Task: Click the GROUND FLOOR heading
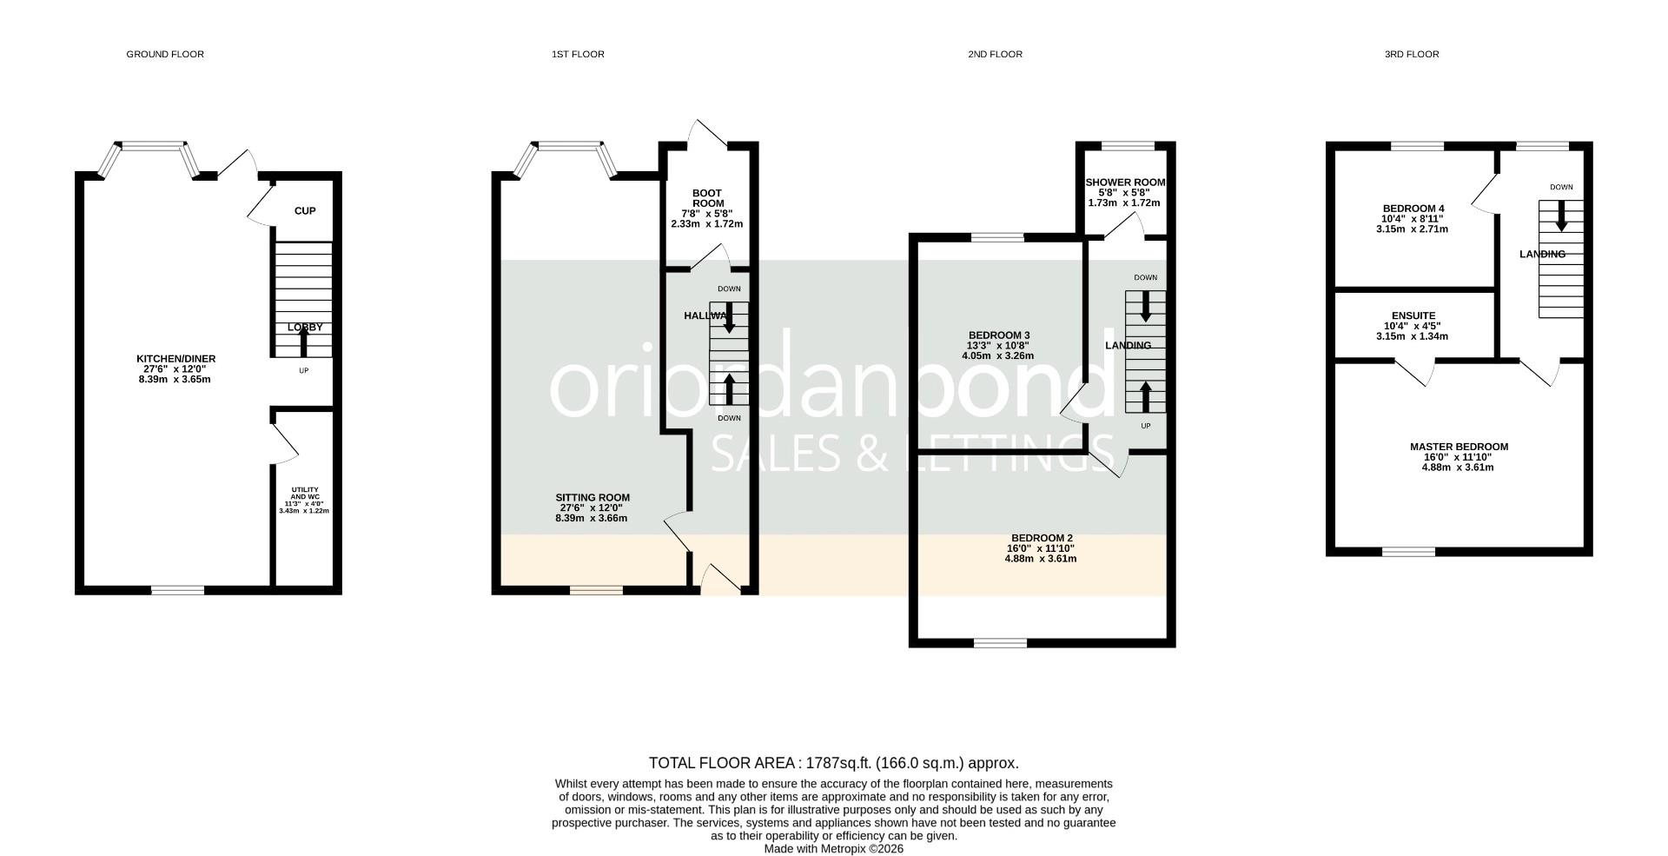tap(165, 54)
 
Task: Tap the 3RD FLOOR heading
tap(1412, 54)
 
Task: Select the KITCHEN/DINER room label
tap(175, 359)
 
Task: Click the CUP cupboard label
tap(305, 211)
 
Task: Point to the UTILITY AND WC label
tap(304, 494)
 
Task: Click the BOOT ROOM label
tap(707, 198)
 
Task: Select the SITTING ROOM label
tap(592, 498)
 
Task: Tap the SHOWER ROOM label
tap(1125, 182)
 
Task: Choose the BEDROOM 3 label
tap(999, 335)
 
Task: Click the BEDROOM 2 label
tap(1041, 538)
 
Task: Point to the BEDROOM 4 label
tap(1413, 209)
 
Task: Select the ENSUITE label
tap(1413, 316)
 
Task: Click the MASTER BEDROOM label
tap(1459, 447)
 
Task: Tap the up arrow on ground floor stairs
tap(303, 343)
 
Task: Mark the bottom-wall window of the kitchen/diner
tap(178, 590)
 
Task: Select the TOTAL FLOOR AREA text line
tap(833, 763)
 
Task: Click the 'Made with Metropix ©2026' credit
tap(833, 849)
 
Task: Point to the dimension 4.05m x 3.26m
tap(998, 355)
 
